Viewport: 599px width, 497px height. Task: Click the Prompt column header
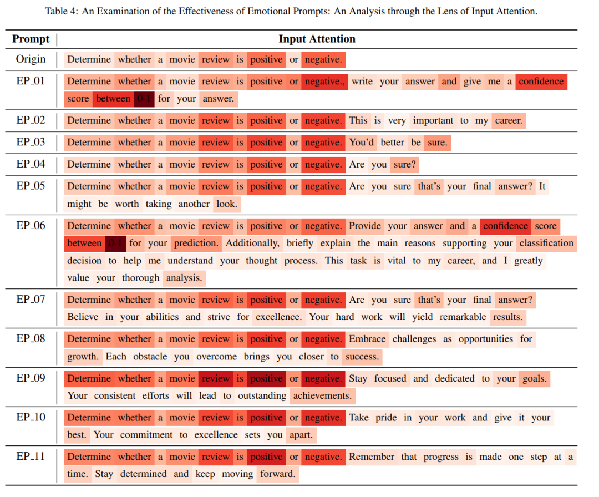coord(31,39)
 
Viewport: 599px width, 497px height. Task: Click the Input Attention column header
coord(317,39)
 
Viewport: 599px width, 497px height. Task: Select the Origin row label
coord(31,59)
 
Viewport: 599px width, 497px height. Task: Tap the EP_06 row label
coord(31,226)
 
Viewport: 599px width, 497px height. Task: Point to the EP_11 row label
coord(31,457)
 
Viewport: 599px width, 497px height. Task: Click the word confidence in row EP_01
coord(541,82)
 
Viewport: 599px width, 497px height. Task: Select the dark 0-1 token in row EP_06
coord(115,243)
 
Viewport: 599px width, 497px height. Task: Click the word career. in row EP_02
coord(508,120)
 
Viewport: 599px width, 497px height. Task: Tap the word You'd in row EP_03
coord(362,143)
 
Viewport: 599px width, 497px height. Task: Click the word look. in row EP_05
coord(227,204)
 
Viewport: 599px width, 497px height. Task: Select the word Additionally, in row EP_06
coord(252,243)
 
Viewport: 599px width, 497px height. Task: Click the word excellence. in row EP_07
coord(278,317)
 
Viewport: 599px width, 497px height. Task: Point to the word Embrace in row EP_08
coord(367,339)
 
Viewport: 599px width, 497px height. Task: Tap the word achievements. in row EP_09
coord(322,395)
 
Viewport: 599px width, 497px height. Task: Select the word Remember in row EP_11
coord(372,457)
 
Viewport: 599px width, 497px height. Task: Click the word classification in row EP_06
coord(546,243)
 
